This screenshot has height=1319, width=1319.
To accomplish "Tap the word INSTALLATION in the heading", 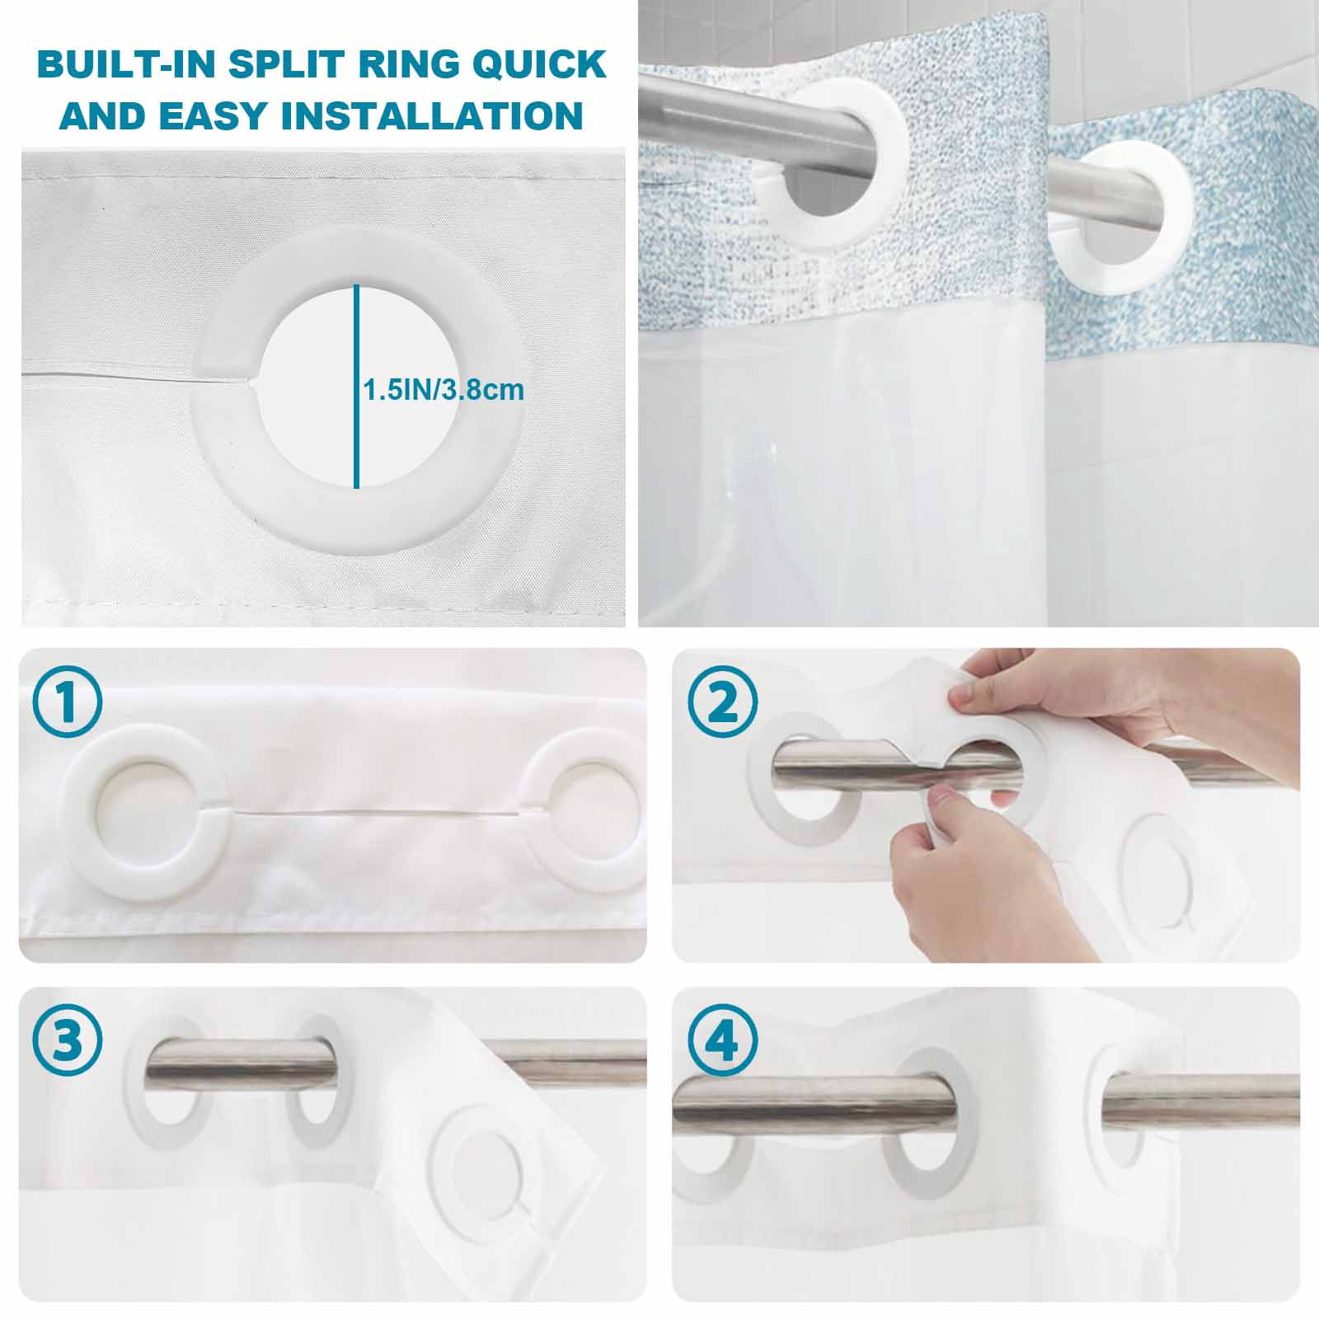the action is click(432, 115).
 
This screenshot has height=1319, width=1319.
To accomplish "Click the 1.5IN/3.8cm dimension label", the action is click(444, 389).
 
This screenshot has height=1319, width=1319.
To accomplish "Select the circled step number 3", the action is click(68, 1041).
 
